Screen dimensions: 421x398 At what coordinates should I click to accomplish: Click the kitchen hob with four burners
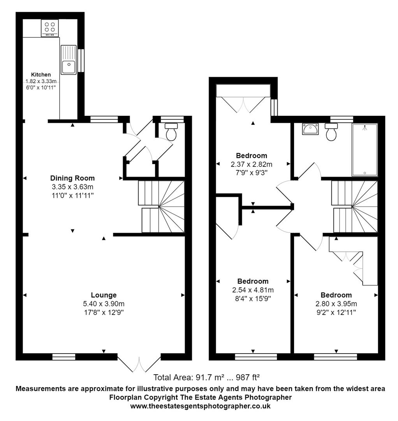(50, 28)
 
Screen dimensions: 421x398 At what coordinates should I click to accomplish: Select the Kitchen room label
(41, 74)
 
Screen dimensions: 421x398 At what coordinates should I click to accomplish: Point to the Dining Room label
(72, 179)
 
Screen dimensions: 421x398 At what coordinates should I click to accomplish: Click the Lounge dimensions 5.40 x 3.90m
(104, 304)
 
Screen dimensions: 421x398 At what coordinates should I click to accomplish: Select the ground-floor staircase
(161, 206)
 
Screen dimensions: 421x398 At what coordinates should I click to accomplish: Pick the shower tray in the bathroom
(365, 150)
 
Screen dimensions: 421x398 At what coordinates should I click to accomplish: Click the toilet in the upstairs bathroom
(331, 132)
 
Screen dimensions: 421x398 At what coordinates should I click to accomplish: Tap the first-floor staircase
(354, 206)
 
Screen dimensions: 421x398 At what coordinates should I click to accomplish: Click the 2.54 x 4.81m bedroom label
(253, 281)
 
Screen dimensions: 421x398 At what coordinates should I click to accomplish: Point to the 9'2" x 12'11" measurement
(336, 312)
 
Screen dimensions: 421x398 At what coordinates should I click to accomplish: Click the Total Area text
(206, 377)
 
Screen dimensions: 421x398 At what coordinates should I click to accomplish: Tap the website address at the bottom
(200, 406)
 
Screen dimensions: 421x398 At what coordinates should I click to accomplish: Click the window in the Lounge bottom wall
(64, 356)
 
